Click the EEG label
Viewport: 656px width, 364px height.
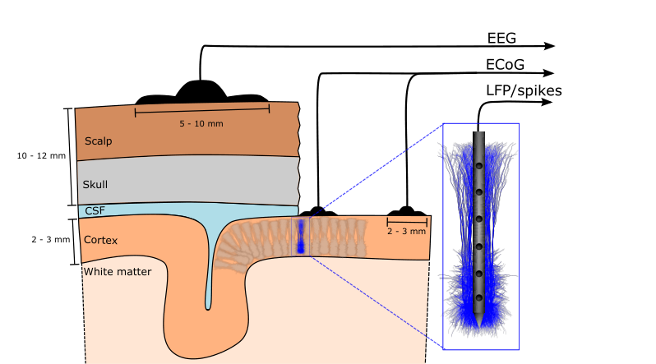[x=501, y=38]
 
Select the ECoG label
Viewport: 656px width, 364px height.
[x=505, y=64]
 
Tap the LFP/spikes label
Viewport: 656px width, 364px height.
[x=524, y=90]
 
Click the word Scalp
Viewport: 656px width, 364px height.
[x=99, y=141]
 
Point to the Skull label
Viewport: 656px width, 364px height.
[x=95, y=185]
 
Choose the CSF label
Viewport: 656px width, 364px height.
[x=95, y=210]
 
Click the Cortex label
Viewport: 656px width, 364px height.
[x=100, y=240]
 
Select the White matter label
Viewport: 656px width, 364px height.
[x=117, y=271]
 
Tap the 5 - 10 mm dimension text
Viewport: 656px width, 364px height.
[x=201, y=124]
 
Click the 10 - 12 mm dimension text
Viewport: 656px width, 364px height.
[x=41, y=155]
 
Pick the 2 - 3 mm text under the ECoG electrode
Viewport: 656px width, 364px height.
[x=406, y=232]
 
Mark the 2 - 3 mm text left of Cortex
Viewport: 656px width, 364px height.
[x=51, y=240]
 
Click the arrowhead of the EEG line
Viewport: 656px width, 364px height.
[x=550, y=46]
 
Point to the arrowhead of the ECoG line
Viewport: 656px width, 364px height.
[x=548, y=73]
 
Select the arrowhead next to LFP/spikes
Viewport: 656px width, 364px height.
[x=547, y=102]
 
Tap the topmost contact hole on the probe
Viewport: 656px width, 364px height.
[x=479, y=166]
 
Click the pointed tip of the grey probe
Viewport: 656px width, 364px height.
[x=479, y=327]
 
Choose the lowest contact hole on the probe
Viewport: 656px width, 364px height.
[x=479, y=298]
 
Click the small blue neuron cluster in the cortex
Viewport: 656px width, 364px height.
[x=300, y=237]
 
